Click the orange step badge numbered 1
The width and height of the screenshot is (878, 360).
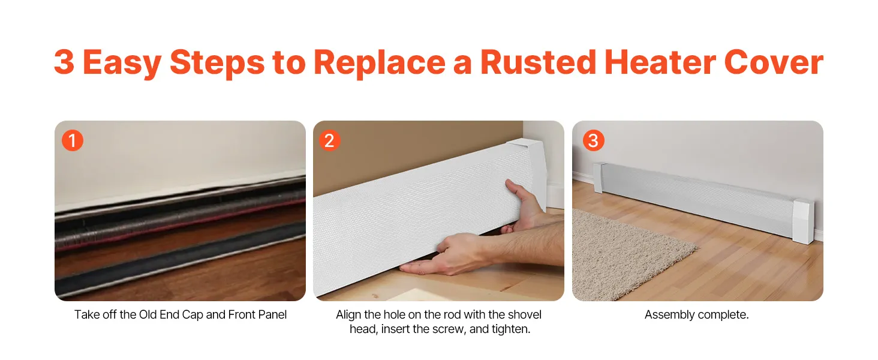(73, 140)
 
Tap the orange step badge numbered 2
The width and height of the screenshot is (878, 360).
(330, 140)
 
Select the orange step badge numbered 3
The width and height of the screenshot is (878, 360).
(594, 140)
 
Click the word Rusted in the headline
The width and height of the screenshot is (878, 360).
(538, 62)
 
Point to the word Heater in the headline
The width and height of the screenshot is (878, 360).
(660, 62)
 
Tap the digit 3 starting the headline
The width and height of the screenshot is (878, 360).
(64, 62)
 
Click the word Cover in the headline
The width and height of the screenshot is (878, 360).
(774, 62)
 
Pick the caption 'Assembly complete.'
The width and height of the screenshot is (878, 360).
(696, 314)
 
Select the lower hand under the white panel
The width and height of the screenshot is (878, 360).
(459, 253)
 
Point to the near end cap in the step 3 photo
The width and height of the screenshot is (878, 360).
(804, 221)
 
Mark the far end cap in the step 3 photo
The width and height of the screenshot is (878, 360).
(599, 178)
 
